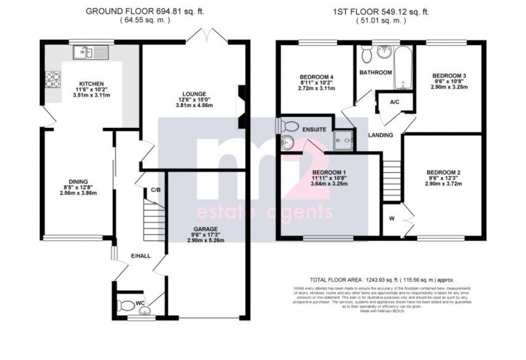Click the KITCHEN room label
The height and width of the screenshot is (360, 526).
[90, 84]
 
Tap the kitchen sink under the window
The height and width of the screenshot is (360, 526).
[90, 53]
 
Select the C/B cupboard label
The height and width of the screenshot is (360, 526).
[156, 190]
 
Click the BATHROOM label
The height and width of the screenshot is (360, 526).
[375, 73]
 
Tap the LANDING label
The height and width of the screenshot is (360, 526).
[381, 135]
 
